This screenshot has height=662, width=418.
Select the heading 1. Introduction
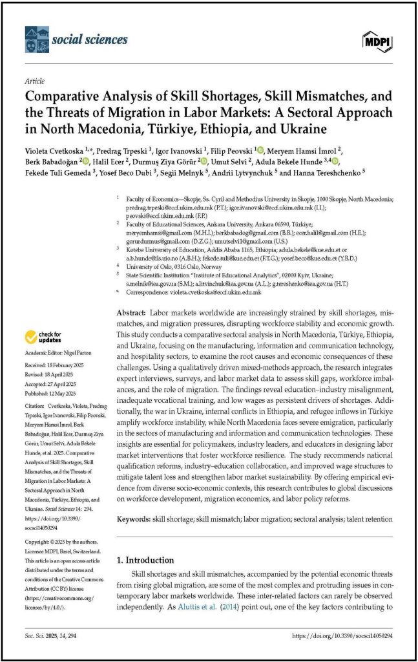click(144, 561)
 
